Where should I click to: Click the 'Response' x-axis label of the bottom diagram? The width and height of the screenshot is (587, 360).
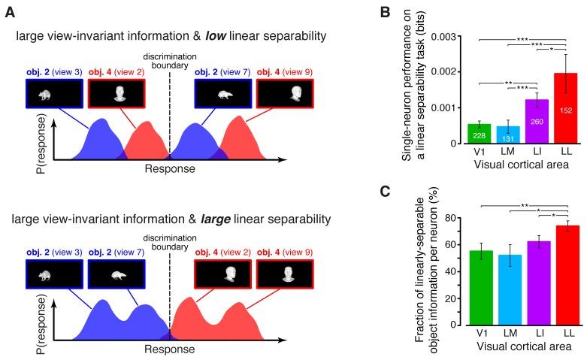click(x=170, y=349)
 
